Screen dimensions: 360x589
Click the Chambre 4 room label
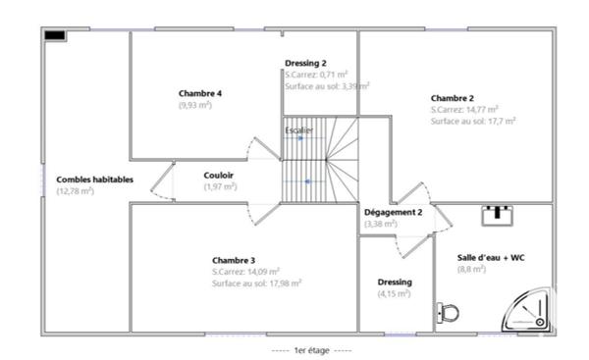point(199,93)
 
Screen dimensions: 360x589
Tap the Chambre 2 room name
point(452,98)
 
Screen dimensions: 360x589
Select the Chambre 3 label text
point(233,259)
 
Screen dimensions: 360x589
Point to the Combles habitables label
point(94,180)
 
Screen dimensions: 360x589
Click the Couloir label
point(219,175)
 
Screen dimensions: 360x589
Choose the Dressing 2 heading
point(305,64)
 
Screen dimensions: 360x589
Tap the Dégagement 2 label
point(393,212)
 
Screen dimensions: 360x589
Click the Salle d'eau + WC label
point(491,257)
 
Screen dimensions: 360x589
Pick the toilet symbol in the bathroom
point(449,313)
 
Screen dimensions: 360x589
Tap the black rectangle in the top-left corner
point(55,35)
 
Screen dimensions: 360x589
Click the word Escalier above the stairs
point(299,129)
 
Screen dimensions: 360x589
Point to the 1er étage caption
point(310,350)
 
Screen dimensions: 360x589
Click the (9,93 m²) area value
point(195,105)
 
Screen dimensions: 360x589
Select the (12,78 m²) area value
point(76,191)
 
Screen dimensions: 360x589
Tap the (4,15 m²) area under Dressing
point(395,293)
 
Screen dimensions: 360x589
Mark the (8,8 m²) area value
point(472,269)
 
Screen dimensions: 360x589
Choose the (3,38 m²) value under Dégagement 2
point(381,224)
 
